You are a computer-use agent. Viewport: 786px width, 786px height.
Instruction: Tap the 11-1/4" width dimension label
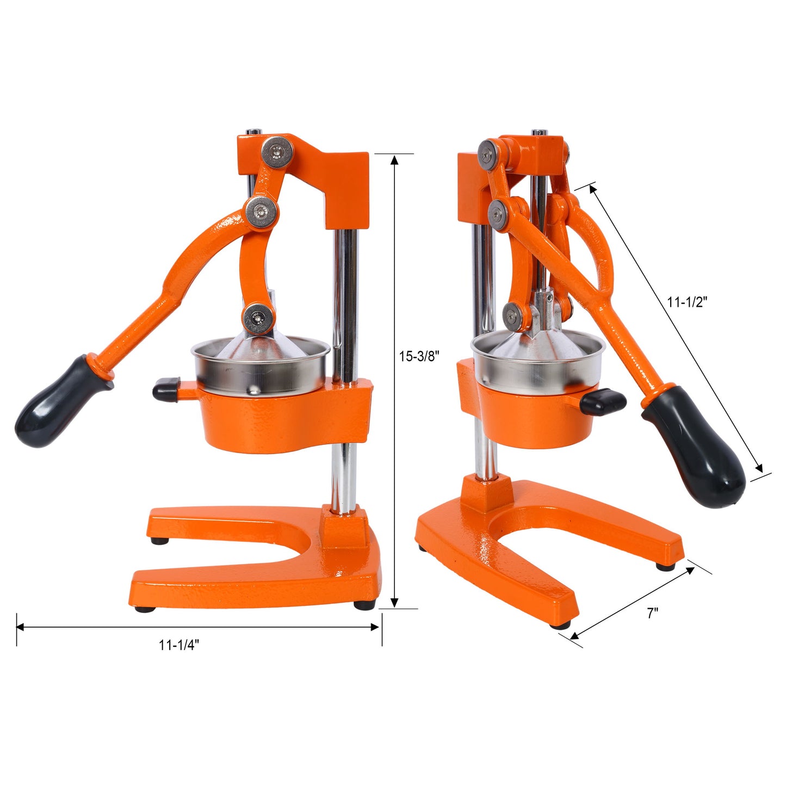[179, 645]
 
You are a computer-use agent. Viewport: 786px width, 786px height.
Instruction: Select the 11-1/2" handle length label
[687, 302]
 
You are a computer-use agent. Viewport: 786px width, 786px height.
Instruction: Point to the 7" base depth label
[652, 613]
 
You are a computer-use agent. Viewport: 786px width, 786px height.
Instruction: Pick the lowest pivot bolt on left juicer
[258, 318]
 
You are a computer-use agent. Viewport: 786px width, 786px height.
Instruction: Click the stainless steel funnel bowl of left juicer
[261, 367]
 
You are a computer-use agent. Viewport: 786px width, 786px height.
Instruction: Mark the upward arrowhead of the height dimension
[395, 159]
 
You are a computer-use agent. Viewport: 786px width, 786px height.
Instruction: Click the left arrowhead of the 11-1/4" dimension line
[21, 627]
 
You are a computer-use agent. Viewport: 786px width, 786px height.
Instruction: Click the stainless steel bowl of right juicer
[539, 362]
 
